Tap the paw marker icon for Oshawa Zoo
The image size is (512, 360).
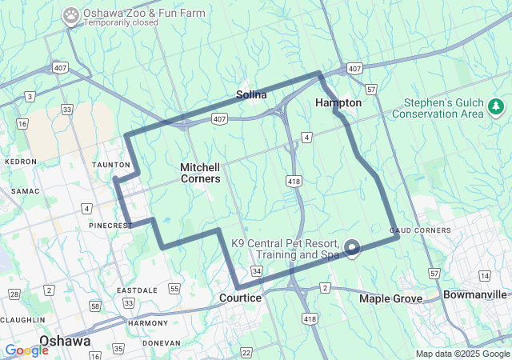point(71,14)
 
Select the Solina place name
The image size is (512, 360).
point(251,95)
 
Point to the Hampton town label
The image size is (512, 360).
point(338,103)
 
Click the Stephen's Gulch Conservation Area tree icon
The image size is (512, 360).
point(496,106)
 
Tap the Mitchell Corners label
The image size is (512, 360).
point(200,173)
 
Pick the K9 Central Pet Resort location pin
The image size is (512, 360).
point(351,249)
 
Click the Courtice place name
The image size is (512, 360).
point(240,298)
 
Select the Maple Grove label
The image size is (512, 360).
point(390,298)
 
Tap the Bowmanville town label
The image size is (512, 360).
point(475,294)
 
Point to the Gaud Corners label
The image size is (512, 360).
point(410,230)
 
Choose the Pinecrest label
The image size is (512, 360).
point(110,226)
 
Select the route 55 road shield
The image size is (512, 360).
point(175,288)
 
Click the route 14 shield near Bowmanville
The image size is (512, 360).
point(484,275)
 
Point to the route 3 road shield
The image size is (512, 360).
point(30,97)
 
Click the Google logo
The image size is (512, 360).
point(26,350)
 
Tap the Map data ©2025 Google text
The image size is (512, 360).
point(462,354)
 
